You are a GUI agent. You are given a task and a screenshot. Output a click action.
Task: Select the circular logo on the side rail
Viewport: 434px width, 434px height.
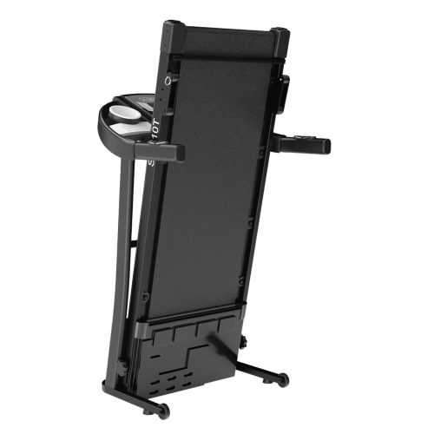point(166,82)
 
